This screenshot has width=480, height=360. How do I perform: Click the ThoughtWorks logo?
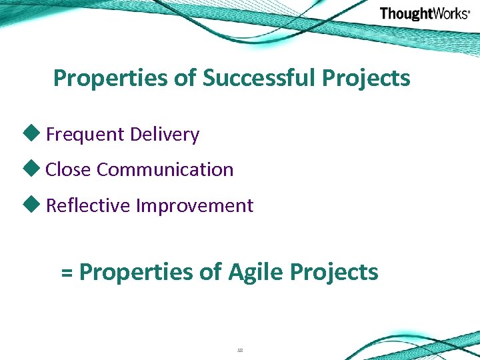click(425, 14)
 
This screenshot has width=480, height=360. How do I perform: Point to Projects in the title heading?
click(366, 78)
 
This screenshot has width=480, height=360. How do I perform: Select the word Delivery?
click(165, 135)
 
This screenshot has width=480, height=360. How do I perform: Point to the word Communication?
click(165, 170)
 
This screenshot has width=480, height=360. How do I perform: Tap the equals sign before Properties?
click(67, 273)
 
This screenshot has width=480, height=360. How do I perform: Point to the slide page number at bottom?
click(240, 349)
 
